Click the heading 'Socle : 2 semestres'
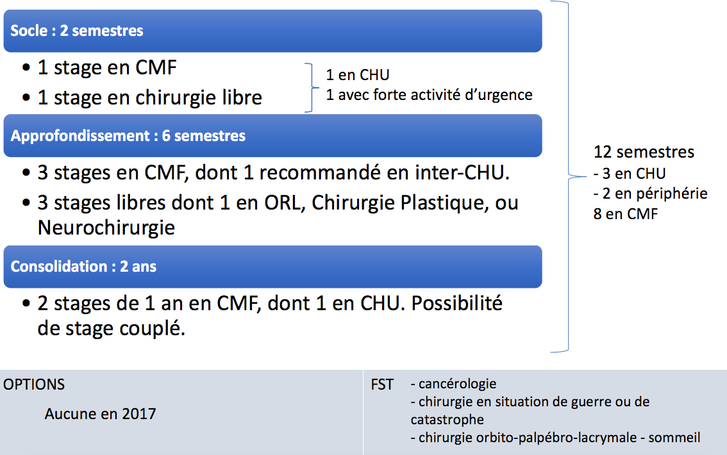[76, 31]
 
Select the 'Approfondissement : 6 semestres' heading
[128, 136]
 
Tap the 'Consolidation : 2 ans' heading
[83, 267]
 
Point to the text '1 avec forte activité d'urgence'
[430, 95]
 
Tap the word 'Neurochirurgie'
[106, 227]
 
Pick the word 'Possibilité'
[456, 304]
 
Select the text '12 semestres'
[644, 152]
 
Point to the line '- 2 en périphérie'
[651, 194]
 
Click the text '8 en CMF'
[626, 214]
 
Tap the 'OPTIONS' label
[34, 385]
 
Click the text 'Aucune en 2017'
[100, 414]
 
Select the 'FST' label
[382, 385]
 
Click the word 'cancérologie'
[457, 384]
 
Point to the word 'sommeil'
[674, 438]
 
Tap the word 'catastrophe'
[447, 420]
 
